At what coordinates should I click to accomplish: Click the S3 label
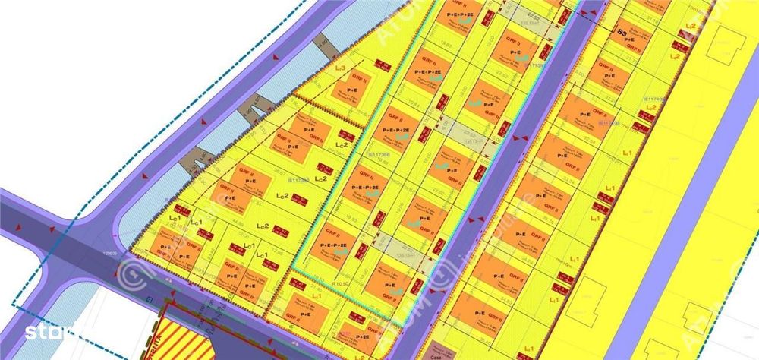coord(622,33)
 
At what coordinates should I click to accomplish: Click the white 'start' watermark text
coord(42,332)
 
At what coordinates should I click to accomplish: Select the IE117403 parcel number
coord(609,122)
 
